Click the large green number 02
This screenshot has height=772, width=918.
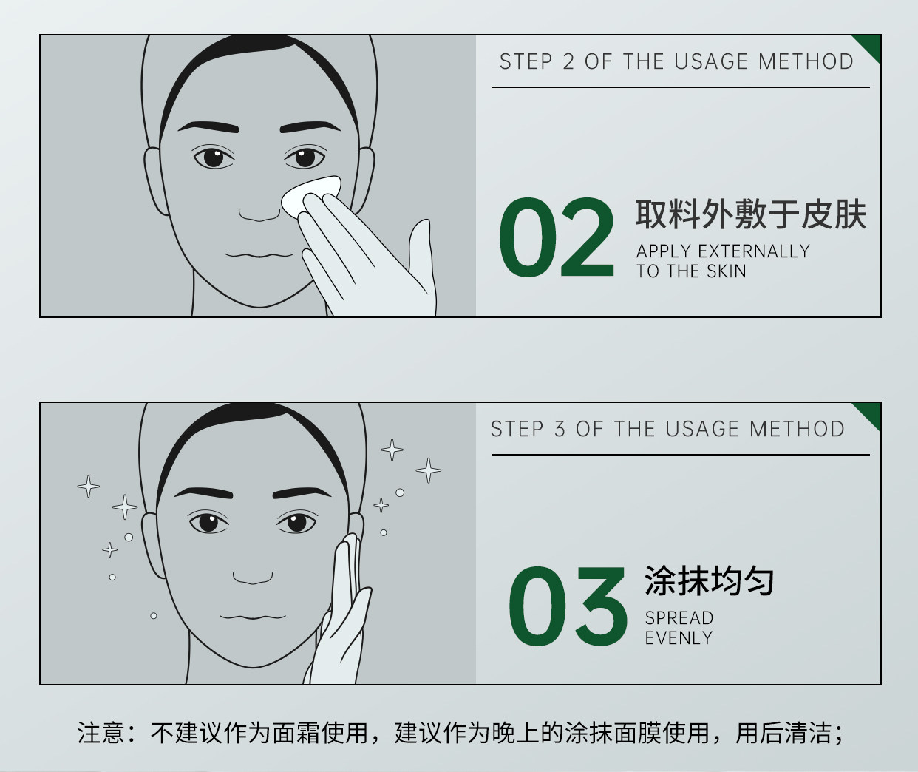click(x=556, y=238)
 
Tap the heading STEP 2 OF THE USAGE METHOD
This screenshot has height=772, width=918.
click(x=676, y=61)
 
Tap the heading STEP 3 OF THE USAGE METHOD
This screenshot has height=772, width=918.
click(x=667, y=429)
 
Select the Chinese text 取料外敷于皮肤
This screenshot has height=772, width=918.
click(x=750, y=214)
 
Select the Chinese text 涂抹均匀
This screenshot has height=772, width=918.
click(x=709, y=581)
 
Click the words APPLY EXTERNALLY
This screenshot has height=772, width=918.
click(x=723, y=251)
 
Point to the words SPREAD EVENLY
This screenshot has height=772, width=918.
click(x=679, y=628)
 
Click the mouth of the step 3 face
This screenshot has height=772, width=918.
click(x=252, y=616)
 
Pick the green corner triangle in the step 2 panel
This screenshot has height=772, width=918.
click(x=870, y=46)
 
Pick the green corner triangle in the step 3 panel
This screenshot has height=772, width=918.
click(x=870, y=413)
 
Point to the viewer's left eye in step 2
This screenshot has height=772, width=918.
click(x=213, y=157)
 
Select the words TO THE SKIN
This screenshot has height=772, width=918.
click(x=691, y=271)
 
